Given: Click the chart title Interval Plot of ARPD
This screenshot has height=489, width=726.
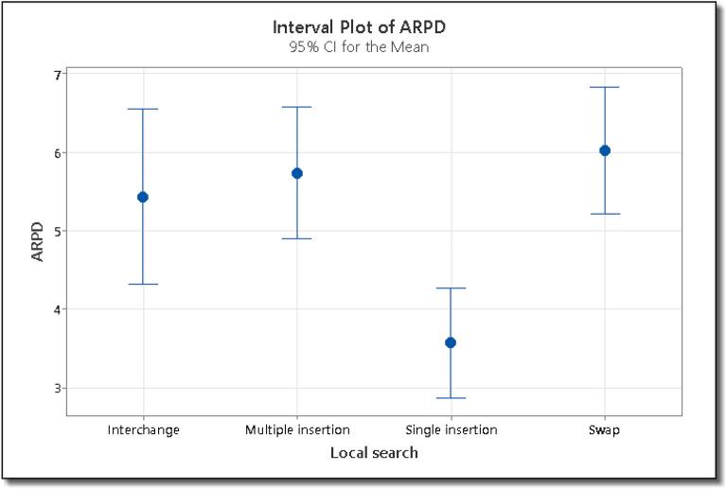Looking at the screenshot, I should click(x=359, y=26).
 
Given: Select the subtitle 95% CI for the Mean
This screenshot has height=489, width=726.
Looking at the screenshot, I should click(x=359, y=47).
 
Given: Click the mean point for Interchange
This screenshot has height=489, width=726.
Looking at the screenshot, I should click(x=143, y=197).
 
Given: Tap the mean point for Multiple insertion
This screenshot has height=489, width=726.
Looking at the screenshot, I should click(x=297, y=173).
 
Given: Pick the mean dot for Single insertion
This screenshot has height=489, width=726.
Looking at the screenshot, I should click(x=451, y=342).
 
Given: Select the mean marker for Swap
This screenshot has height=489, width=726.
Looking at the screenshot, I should click(x=605, y=150).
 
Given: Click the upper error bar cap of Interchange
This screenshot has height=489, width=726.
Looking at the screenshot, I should click(x=143, y=109).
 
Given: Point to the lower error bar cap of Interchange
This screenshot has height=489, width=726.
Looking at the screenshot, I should click(x=143, y=284).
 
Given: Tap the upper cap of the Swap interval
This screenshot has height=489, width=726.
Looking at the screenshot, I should click(x=605, y=87).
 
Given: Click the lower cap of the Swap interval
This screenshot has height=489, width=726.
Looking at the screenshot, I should click(x=605, y=214).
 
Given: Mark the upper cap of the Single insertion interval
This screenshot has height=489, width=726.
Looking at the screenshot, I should click(x=451, y=288).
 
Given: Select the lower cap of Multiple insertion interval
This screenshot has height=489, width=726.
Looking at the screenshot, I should click(x=297, y=238).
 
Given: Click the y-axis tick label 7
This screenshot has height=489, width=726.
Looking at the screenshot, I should click(x=57, y=75).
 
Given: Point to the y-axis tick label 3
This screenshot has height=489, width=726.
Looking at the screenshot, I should click(x=57, y=388).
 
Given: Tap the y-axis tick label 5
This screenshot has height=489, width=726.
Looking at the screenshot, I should click(x=57, y=231).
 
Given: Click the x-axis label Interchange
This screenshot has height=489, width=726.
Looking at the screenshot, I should click(x=144, y=430).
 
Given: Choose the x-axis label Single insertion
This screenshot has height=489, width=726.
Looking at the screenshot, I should click(x=451, y=430).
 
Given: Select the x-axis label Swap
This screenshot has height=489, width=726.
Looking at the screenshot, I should click(x=604, y=430).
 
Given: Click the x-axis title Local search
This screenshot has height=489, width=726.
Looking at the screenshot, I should click(x=374, y=453).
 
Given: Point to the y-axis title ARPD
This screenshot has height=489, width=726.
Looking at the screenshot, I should click(x=37, y=242).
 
